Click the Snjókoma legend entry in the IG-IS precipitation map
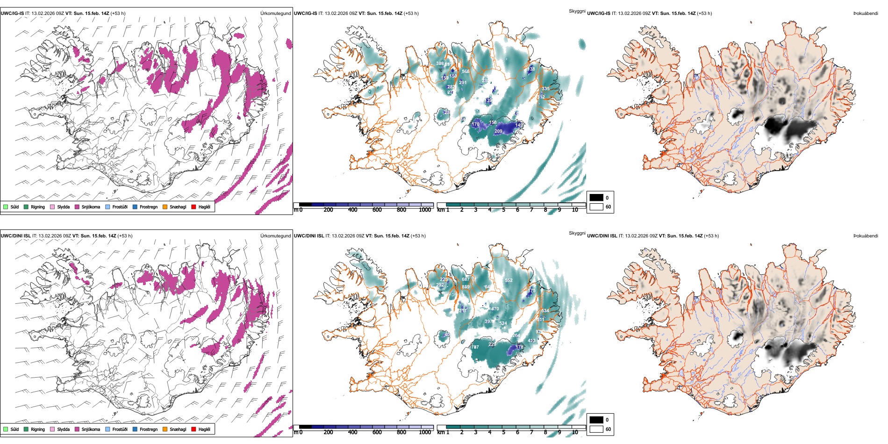click(90, 207)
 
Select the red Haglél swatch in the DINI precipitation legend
click(193, 430)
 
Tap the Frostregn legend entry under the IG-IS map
click(148, 207)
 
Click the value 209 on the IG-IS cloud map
click(498, 131)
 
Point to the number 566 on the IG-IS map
click(465, 72)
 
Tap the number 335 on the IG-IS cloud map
click(545, 89)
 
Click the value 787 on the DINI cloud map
click(475, 347)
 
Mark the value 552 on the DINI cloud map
click(508, 280)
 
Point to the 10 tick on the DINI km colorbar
click(575, 432)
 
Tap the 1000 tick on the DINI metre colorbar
click(425, 432)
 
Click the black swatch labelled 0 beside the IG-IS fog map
click(596, 198)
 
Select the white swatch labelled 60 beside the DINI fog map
click(596, 429)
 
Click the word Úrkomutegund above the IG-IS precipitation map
click(275, 14)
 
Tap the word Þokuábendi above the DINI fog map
click(866, 236)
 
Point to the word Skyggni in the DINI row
click(577, 233)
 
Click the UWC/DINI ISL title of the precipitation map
click(15, 236)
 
